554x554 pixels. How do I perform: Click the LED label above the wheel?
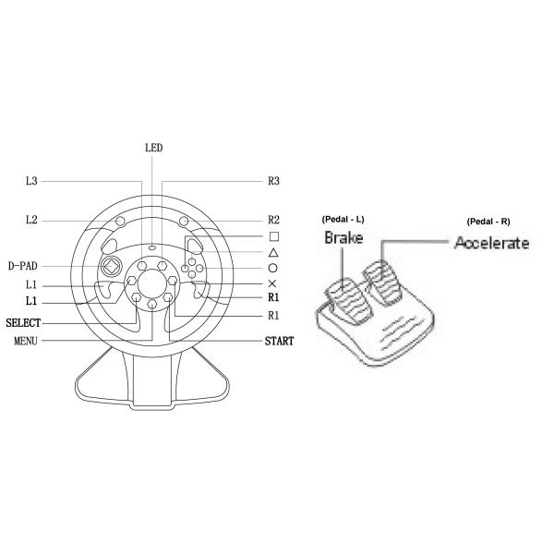[153, 148]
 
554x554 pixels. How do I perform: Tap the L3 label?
[31, 181]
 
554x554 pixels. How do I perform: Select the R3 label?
[273, 181]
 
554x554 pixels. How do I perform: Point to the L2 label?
[31, 220]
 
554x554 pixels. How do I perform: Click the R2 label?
[273, 220]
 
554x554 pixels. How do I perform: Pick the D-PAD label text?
[22, 266]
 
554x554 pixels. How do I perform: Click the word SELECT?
[23, 322]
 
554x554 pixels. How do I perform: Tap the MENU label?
[26, 341]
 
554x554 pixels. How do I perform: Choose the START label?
[279, 341]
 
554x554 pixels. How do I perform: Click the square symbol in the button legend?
[274, 236]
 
